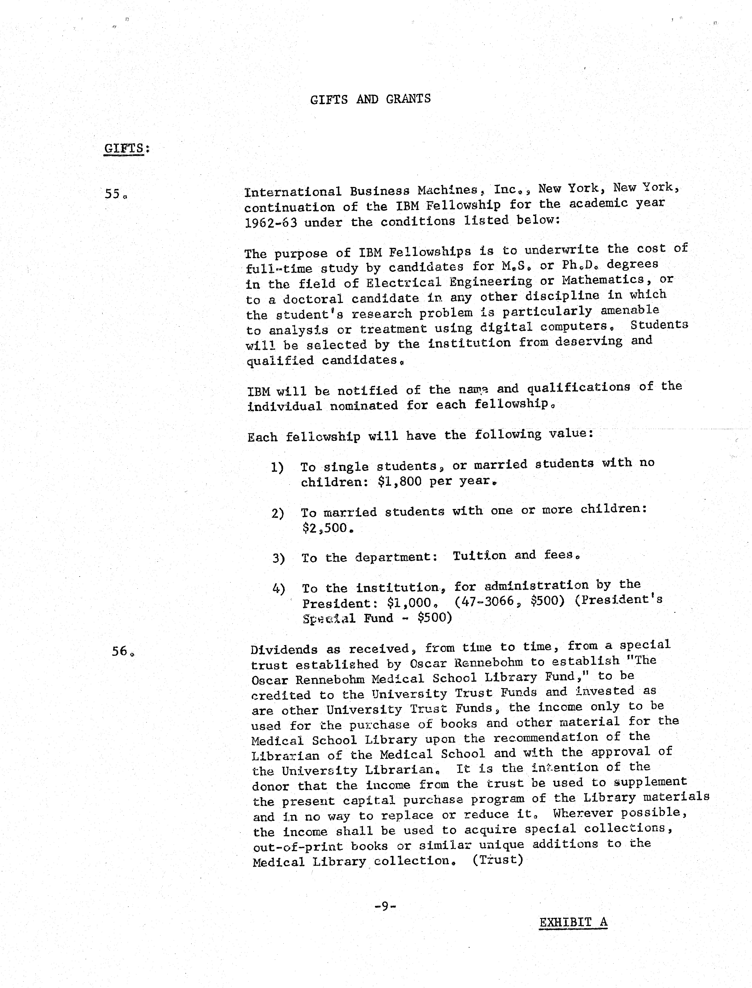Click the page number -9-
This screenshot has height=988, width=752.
[x=385, y=907]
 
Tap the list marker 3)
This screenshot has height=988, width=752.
[x=278, y=558]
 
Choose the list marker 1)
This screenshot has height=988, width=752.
[x=277, y=467]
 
